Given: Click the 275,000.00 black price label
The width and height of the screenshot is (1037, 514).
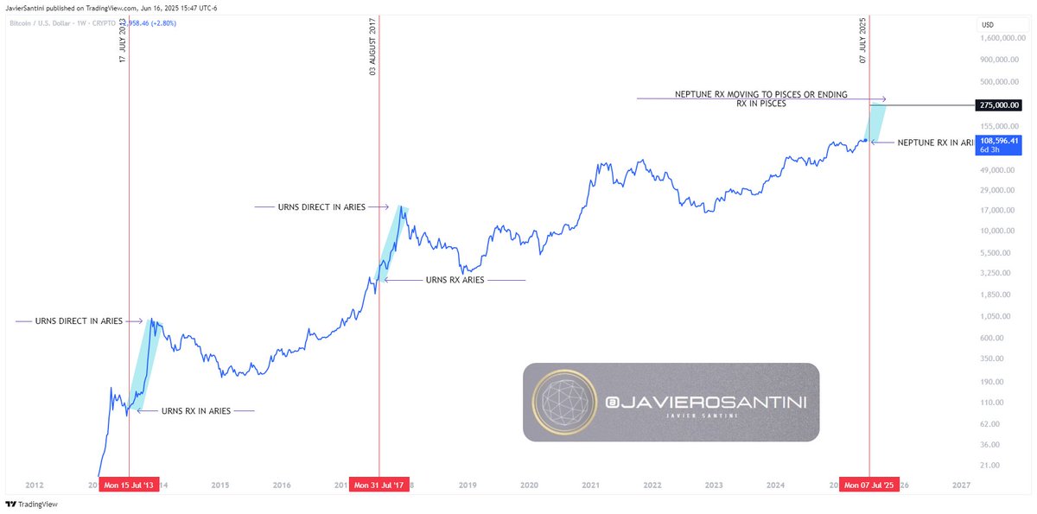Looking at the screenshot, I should (x=1005, y=105).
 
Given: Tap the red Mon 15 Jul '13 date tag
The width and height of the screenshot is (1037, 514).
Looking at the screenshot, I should (x=129, y=485).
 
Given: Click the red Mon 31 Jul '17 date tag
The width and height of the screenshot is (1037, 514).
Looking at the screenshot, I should (x=378, y=485).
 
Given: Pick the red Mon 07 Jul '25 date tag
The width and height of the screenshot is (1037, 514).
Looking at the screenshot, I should (x=870, y=485).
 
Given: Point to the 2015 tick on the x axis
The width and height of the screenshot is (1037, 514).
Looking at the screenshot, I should (x=220, y=485).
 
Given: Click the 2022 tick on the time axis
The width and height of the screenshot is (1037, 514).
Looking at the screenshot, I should (x=652, y=485).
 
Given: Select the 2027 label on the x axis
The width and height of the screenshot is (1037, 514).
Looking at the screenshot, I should (x=961, y=485).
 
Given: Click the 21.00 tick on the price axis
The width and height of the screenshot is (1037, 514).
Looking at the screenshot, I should (x=991, y=465).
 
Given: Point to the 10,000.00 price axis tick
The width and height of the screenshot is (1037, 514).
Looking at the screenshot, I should (x=1001, y=231).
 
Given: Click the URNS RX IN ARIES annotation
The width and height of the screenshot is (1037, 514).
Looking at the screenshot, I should (x=196, y=411).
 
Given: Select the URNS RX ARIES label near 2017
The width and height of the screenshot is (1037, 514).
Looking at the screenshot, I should (x=455, y=280).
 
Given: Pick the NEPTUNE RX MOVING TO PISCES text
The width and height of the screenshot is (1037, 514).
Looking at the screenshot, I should (x=760, y=94).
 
